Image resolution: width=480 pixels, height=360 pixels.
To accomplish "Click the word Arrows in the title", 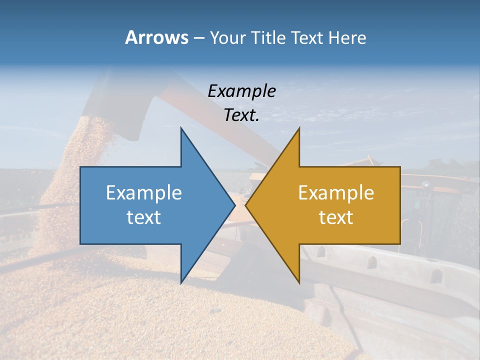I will click(156, 37).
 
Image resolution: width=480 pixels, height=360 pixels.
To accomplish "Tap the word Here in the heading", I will click(347, 38).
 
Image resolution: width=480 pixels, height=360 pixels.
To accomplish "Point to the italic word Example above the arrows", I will click(242, 91).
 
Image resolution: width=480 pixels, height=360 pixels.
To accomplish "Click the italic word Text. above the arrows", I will click(242, 115).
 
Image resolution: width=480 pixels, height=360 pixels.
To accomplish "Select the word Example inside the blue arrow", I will click(144, 192).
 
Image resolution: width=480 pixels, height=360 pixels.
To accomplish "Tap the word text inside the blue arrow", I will click(144, 217).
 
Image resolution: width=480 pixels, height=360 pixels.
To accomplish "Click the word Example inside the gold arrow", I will click(336, 192).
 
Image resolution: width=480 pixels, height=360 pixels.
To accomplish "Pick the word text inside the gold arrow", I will click(336, 217).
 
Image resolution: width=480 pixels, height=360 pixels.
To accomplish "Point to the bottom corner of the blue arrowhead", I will click(181, 282).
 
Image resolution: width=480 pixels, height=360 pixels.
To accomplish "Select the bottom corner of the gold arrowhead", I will click(298, 282).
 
